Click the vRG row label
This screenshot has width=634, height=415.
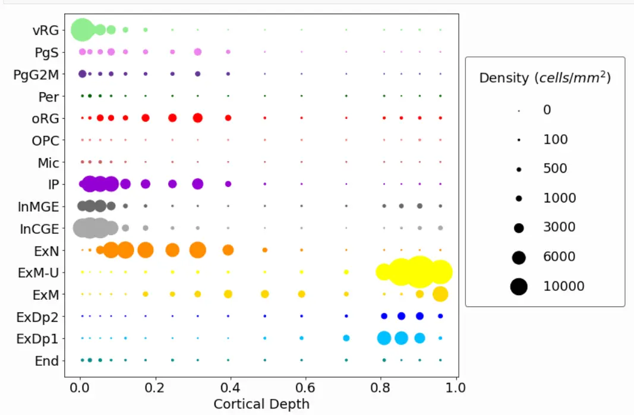coord(46,30)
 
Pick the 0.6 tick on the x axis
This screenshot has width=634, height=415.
coord(305,388)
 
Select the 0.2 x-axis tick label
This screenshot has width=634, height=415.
coord(154,388)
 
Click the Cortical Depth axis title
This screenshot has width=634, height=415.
coord(261,404)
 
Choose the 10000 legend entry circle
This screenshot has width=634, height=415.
coord(519,286)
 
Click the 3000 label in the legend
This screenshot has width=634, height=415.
coord(560,227)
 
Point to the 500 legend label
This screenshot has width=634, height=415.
coord(555,169)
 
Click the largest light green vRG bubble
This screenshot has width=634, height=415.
coord(82,29)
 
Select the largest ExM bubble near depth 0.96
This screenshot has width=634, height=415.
coord(440,294)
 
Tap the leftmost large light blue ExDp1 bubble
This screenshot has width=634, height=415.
coord(384,338)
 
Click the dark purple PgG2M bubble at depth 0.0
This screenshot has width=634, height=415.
coord(83,74)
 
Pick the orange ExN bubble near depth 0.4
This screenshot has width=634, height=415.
coord(228,250)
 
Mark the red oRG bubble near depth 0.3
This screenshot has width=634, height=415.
coord(197,118)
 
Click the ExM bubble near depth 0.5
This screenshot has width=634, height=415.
coord(265,294)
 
